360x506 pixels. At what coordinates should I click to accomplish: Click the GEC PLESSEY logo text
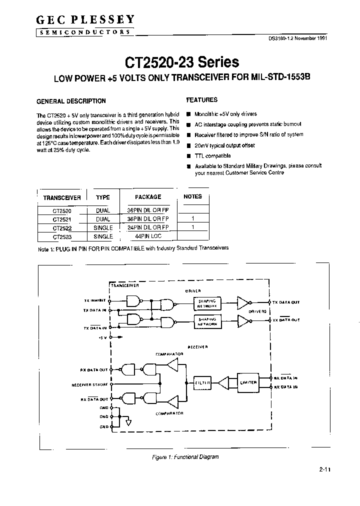coord(85,20)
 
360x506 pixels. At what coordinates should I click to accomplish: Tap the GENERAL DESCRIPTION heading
coord(71,101)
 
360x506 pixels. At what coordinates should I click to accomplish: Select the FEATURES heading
coord(201,100)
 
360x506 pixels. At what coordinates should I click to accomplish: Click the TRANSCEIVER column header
coord(62,197)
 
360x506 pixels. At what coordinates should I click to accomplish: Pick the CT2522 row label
coord(62,227)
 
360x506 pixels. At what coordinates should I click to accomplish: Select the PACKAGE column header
coord(148,197)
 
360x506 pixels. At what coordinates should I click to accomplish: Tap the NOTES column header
coord(192,196)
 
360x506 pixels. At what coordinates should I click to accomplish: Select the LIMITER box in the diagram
coord(248,382)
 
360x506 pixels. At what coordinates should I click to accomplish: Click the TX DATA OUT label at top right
coord(286,302)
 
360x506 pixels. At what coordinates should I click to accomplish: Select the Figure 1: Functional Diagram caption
coord(185,457)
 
